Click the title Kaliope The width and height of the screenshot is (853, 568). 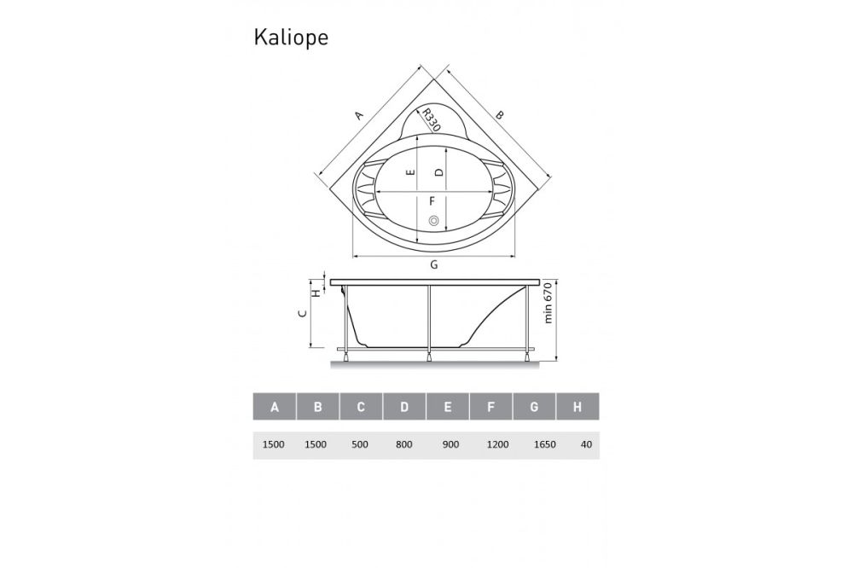(x=291, y=38)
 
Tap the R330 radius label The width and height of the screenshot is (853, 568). (x=430, y=120)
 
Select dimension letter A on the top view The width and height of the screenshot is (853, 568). (x=360, y=114)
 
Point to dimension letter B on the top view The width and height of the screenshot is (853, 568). (x=501, y=114)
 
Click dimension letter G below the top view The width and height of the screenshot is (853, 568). (x=433, y=265)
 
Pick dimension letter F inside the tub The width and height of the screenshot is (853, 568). (x=432, y=201)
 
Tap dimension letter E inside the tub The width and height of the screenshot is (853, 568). (x=411, y=172)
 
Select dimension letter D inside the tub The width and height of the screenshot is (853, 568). (x=438, y=172)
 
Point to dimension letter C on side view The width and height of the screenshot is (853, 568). (x=302, y=314)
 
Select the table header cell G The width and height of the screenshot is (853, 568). (x=534, y=407)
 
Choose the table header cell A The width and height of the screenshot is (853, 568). (x=275, y=407)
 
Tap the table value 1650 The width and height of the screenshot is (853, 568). (x=534, y=444)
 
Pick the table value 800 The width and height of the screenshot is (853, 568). (x=404, y=444)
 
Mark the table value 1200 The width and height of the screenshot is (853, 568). (x=491, y=444)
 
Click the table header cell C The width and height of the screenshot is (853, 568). (x=361, y=407)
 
